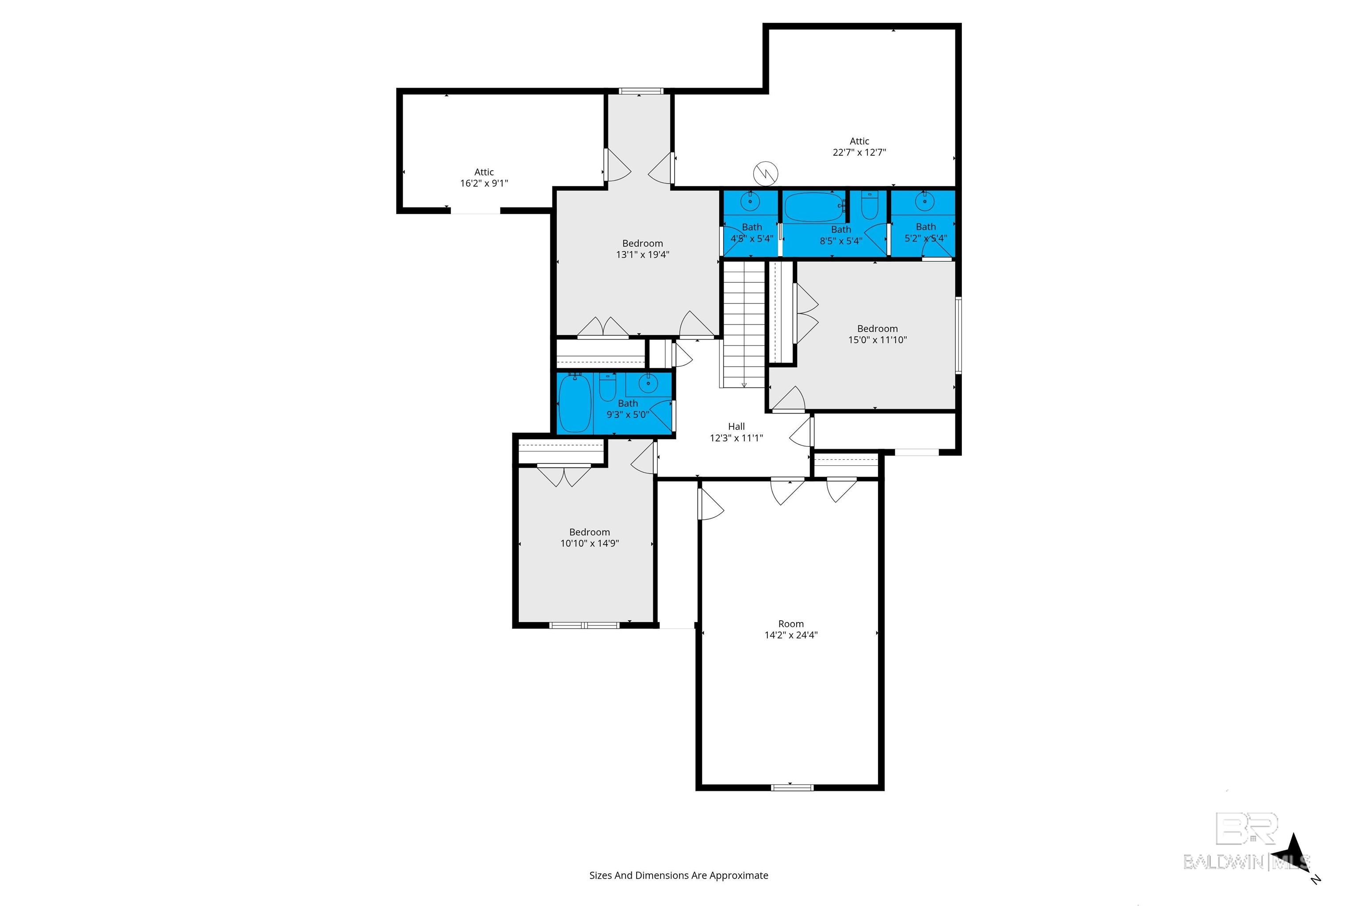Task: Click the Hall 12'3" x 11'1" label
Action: (736, 432)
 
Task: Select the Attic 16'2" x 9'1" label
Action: (484, 177)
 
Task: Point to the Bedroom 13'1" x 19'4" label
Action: (643, 249)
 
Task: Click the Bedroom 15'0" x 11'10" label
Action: (877, 334)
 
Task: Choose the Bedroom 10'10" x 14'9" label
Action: (590, 537)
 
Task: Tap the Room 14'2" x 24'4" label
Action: (791, 629)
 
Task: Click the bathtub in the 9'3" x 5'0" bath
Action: (575, 403)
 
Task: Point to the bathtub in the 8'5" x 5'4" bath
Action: (815, 207)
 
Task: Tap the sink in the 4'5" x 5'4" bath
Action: (751, 202)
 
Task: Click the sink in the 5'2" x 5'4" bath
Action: (925, 201)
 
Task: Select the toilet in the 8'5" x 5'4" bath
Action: (870, 204)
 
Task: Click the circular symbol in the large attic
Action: (766, 173)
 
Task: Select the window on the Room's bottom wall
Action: (792, 787)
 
